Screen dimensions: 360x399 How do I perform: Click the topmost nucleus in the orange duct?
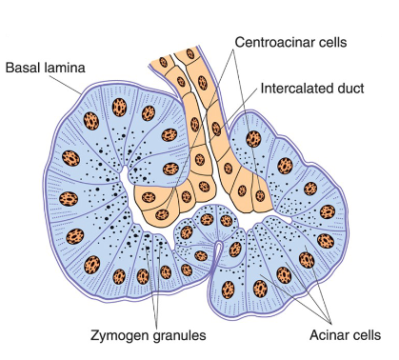coord(164,63)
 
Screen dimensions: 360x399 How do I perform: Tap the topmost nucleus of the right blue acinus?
coord(254,138)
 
